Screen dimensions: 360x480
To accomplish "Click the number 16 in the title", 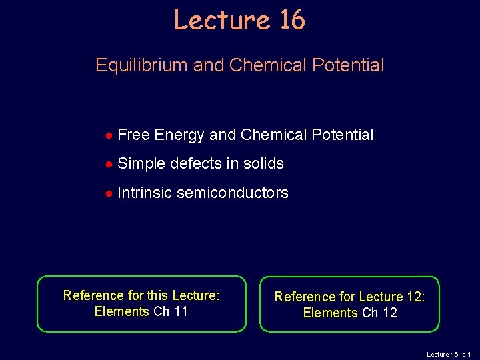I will click(x=291, y=20).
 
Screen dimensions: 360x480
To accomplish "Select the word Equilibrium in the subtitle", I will click(x=141, y=65).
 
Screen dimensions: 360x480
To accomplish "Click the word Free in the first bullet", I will click(x=133, y=135).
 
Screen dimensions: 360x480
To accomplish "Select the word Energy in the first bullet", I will click(x=179, y=135).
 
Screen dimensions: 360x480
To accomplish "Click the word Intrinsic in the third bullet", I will click(x=145, y=193).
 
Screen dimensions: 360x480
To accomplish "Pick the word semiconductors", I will click(x=233, y=193).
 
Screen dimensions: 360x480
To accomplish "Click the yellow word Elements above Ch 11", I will click(x=121, y=311).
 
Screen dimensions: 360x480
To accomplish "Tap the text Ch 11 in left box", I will click(x=171, y=311).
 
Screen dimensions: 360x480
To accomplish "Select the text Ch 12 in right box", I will click(x=379, y=313).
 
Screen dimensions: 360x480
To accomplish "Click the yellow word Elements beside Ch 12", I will click(x=330, y=313).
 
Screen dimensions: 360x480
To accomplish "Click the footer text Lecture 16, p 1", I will click(x=449, y=355).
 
